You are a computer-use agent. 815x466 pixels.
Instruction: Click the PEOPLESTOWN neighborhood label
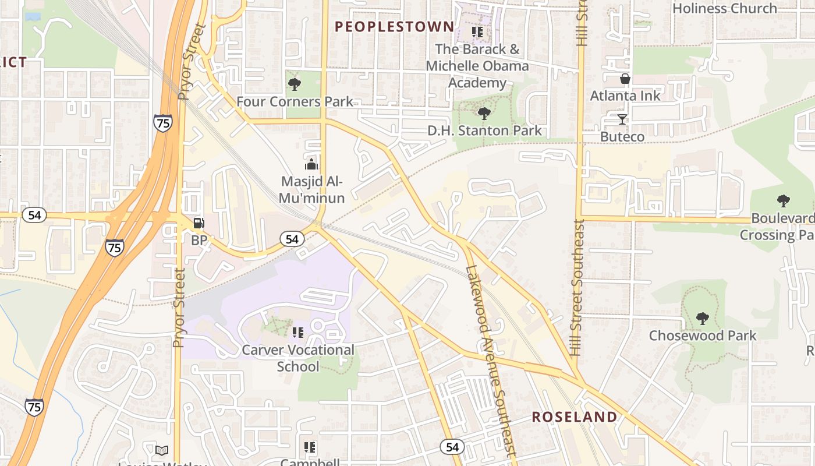[395, 26]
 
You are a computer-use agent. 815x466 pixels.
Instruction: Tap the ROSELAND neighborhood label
[575, 417]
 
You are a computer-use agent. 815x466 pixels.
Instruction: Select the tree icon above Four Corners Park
[295, 84]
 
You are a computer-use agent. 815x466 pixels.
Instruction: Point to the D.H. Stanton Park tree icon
[484, 113]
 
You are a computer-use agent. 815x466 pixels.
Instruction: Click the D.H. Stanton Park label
[484, 130]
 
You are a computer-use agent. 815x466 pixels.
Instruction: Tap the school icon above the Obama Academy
[477, 32]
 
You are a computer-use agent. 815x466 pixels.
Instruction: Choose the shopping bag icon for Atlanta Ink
[625, 79]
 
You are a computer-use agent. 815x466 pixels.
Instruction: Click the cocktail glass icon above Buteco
[622, 119]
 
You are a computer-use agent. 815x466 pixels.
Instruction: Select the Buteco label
[622, 137]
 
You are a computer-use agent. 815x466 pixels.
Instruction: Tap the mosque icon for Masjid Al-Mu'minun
[311, 164]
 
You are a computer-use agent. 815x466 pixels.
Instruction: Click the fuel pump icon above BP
[199, 223]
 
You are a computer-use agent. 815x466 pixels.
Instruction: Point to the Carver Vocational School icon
[297, 333]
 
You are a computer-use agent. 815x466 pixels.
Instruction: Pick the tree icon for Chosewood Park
[703, 319]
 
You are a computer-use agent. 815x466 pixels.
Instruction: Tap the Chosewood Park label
[703, 336]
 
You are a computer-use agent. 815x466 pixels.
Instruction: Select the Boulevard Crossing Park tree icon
[784, 201]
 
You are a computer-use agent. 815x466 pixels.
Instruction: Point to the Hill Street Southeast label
[576, 288]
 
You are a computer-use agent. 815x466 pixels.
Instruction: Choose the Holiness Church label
[724, 8]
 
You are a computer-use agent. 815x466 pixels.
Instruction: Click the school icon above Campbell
[310, 447]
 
